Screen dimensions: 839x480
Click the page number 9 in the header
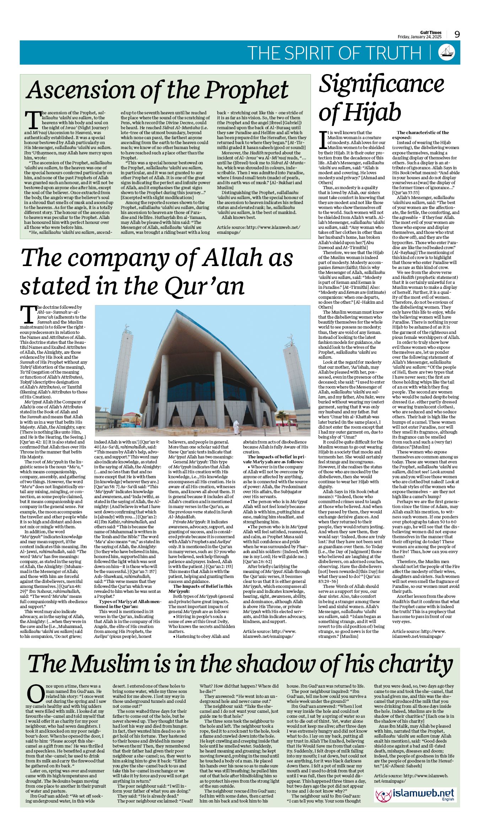[457, 34]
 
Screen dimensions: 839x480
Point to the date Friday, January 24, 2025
[419, 37]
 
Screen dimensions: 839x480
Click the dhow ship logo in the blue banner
[447, 52]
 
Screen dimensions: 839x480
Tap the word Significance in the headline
[381, 84]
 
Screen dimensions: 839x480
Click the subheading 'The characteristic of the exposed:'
[420, 135]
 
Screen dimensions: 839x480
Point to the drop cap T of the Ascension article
[32, 120]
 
